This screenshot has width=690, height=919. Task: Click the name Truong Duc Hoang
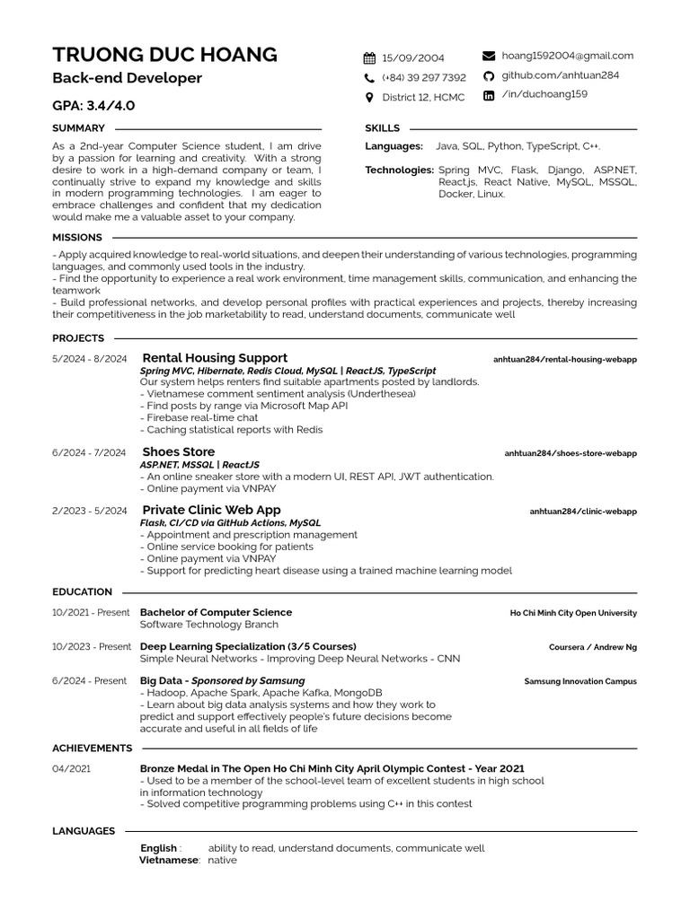(164, 54)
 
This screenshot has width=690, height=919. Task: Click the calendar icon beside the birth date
(369, 58)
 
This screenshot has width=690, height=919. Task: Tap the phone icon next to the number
(369, 78)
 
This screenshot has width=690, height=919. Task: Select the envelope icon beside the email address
(489, 56)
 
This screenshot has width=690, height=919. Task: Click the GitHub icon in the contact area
(489, 76)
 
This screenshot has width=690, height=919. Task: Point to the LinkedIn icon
(489, 95)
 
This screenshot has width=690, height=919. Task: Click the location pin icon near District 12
(369, 97)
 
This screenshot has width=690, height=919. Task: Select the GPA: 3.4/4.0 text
(93, 105)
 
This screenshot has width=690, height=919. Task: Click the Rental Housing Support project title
(215, 358)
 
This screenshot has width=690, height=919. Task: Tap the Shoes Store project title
(179, 451)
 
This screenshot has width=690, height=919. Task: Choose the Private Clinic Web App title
(212, 510)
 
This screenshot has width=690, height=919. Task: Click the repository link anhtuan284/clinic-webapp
(583, 512)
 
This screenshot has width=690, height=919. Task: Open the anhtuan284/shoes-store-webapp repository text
(571, 453)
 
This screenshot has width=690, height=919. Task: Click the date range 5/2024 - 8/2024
(89, 359)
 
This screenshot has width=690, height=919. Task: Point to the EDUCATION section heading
(82, 592)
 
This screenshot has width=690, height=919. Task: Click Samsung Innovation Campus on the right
(580, 682)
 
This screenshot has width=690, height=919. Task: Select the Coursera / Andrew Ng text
(593, 647)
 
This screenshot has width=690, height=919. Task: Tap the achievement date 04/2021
(71, 769)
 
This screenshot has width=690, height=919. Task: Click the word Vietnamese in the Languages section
(168, 860)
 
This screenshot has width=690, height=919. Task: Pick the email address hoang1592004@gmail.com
(567, 56)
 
